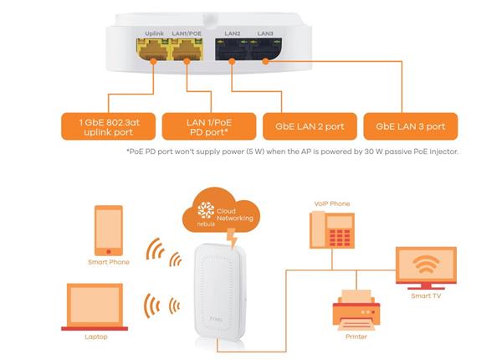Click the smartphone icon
click(108, 229)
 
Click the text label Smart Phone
click(108, 262)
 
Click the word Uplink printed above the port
click(154, 33)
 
